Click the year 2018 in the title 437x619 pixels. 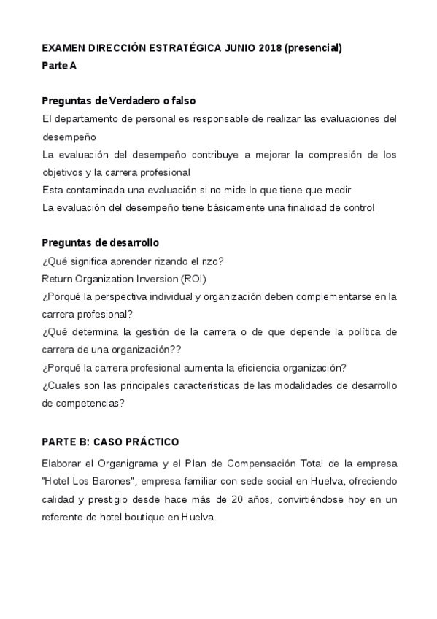(268, 48)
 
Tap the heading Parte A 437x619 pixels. (59, 66)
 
